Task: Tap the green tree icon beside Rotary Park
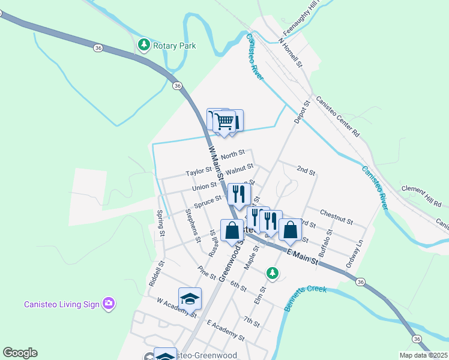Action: click(x=143, y=44)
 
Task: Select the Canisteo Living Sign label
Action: click(x=61, y=304)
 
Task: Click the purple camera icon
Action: click(x=108, y=303)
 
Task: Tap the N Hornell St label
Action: click(x=289, y=52)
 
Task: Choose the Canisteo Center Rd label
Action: click(x=337, y=116)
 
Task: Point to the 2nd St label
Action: click(x=306, y=171)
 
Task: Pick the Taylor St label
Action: click(x=199, y=172)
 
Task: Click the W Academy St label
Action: click(x=176, y=308)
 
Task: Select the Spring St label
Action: click(x=160, y=222)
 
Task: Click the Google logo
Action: click(x=20, y=353)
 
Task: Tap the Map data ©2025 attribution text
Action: click(x=423, y=355)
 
